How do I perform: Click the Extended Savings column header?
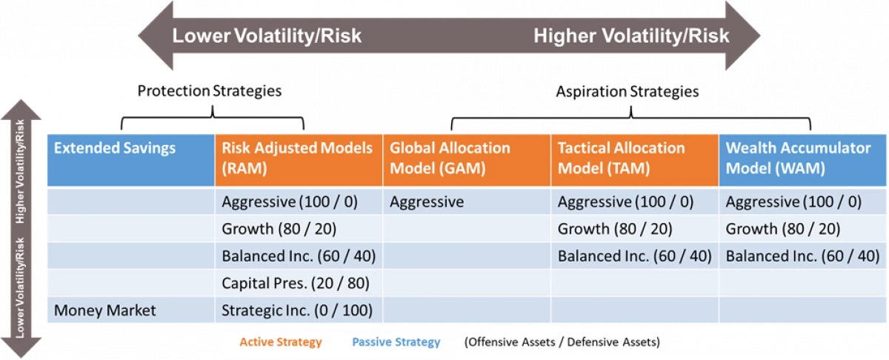click(116, 148)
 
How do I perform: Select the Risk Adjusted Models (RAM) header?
click(297, 158)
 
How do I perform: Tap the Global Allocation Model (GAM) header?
click(450, 158)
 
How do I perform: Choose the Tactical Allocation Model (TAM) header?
click(622, 158)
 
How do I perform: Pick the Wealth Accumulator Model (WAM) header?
click(798, 158)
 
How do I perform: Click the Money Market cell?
click(105, 310)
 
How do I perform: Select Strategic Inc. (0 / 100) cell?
click(297, 310)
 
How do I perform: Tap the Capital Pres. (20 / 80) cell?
click(296, 283)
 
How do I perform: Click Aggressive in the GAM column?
click(427, 201)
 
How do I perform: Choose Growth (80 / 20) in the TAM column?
click(615, 229)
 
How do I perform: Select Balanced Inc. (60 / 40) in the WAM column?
click(802, 256)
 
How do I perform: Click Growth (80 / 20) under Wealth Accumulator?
click(783, 229)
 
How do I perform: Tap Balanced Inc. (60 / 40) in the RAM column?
click(299, 256)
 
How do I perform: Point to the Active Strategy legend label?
click(281, 342)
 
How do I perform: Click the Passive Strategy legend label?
click(396, 342)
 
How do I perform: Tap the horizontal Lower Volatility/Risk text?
click(267, 36)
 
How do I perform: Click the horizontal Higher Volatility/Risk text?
click(631, 36)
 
